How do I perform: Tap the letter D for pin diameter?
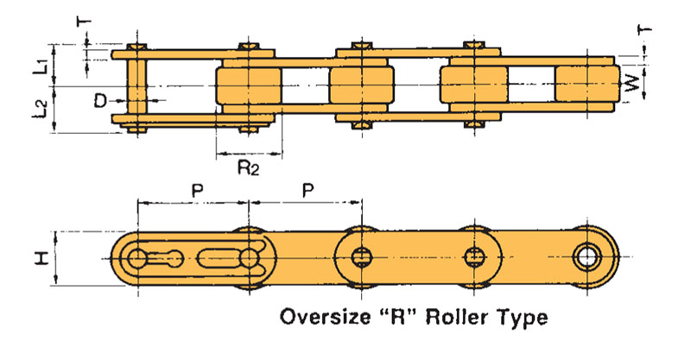100,101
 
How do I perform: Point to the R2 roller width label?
247,167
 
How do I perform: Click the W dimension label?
633,84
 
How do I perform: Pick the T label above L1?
87,17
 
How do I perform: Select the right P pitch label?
306,189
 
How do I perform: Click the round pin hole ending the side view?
588,256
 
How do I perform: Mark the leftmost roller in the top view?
247,85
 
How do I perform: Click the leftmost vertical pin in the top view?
136,85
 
